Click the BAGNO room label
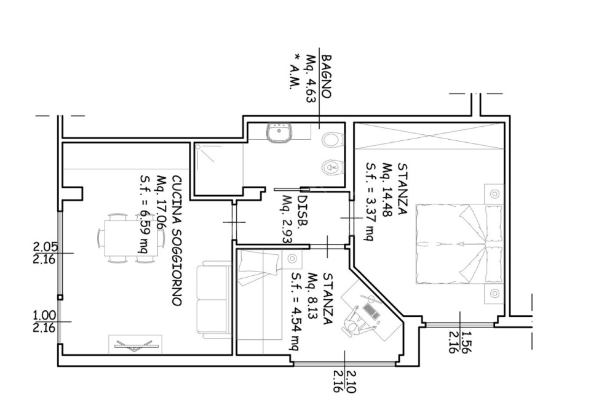(x=327, y=76)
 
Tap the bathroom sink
(x=279, y=133)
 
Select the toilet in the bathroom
(x=332, y=140)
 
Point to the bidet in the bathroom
(x=332, y=167)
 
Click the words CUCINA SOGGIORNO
(x=177, y=241)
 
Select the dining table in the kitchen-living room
(x=131, y=238)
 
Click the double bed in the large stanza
(x=459, y=243)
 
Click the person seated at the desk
(x=354, y=322)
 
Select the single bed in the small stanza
(x=260, y=295)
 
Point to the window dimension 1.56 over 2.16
(x=459, y=342)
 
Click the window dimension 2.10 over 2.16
(x=344, y=382)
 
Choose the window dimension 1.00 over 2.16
(x=45, y=321)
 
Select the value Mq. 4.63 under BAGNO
(x=311, y=79)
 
